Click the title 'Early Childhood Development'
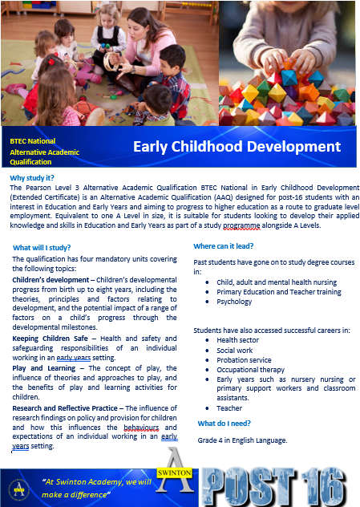pyautogui.click(x=237, y=147)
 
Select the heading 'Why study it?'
pyautogui.click(x=32, y=178)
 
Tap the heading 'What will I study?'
pyautogui.click(x=42, y=248)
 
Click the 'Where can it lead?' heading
pyautogui.click(x=224, y=246)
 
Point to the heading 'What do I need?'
pyautogui.click(x=224, y=424)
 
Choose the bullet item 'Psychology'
pyautogui.click(x=234, y=302)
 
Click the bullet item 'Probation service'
pyautogui.click(x=244, y=360)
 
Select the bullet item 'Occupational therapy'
pyautogui.click(x=250, y=370)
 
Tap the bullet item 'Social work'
pyautogui.click(x=235, y=351)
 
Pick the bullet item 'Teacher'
pyautogui.click(x=229, y=408)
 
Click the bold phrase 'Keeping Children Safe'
pyautogui.click(x=50, y=339)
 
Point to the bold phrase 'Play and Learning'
pyautogui.click(x=43, y=368)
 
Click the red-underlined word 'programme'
pyautogui.click(x=241, y=225)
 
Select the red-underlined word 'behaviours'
pyautogui.click(x=141, y=428)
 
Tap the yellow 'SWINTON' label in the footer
pyautogui.click(x=174, y=473)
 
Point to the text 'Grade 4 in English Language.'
pyautogui.click(x=242, y=440)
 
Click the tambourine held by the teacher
pyautogui.click(x=110, y=62)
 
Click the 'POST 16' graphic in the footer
pyautogui.click(x=274, y=487)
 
